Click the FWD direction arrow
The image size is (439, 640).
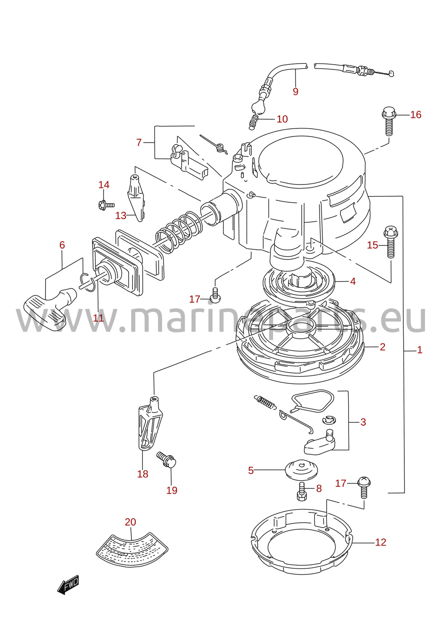pos(68,584)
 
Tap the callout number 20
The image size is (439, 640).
pos(130,522)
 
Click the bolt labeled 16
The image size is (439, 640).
pos(389,121)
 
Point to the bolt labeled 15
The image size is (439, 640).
pos(390,242)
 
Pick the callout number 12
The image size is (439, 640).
pos(381,542)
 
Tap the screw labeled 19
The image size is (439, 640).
pos(166,460)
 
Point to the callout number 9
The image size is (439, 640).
pos(295,91)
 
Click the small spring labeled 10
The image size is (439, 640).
pos(253,122)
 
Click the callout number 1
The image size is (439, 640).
pos(419,350)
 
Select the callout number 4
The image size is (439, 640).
pos(353,282)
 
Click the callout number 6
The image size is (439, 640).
pos(62,245)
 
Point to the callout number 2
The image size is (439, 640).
pos(382,347)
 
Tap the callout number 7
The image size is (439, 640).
pos(139,142)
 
